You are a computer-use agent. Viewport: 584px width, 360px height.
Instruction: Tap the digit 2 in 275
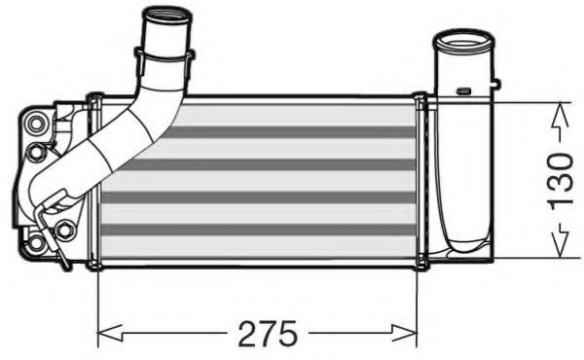click(242, 334)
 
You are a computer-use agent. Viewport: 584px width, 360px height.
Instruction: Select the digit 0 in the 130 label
click(559, 157)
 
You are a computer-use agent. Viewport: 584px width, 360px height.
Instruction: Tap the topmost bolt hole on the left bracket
click(38, 123)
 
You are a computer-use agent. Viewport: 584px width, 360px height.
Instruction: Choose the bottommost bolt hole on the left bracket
click(37, 242)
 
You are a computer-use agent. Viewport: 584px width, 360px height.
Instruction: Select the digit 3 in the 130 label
click(559, 179)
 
